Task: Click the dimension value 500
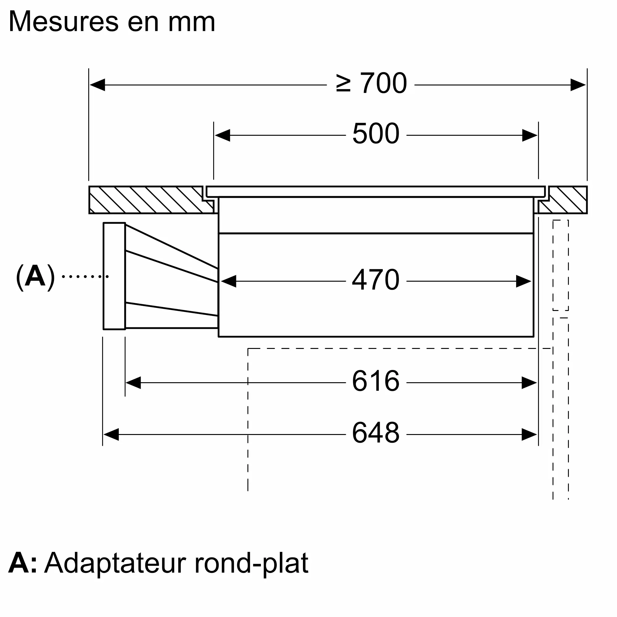pos(375,134)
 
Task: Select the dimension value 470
pos(375,280)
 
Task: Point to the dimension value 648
pos(375,433)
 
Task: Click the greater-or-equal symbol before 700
pos(343,84)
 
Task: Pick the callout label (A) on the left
pos(35,276)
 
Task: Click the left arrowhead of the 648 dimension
pos(111,435)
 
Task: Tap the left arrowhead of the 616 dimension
pos(133,383)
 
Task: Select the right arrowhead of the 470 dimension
pos(524,281)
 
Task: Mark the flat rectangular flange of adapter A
pos(114,276)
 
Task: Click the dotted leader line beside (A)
pos(85,276)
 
